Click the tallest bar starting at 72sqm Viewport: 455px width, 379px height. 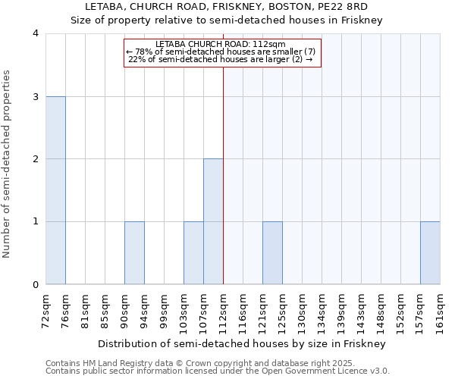point(55,190)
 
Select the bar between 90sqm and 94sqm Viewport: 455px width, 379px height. point(134,253)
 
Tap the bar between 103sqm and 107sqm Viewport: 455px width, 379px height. point(193,253)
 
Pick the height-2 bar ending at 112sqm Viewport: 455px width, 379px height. point(213,221)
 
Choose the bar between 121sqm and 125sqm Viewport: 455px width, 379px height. point(272,253)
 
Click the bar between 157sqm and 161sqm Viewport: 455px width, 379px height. point(430,253)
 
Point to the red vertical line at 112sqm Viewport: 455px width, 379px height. point(223,174)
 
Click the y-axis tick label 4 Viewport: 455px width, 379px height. point(36,33)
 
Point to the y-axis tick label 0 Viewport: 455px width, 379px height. point(36,284)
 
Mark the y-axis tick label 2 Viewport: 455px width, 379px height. point(36,159)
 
